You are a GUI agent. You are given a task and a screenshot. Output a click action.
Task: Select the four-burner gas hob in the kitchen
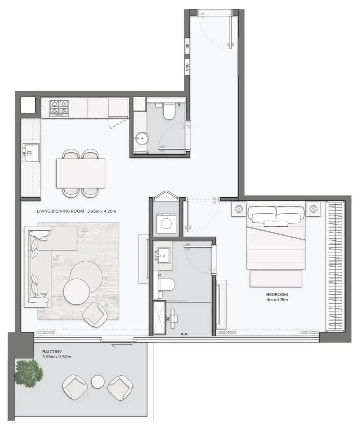[59, 107]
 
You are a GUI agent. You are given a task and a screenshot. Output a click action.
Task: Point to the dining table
[81, 173]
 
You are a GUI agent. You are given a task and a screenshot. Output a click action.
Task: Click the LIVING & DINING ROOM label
[76, 211]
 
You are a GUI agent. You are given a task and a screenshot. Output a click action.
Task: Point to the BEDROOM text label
[277, 295]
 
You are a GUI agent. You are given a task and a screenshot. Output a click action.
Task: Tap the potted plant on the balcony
[29, 372]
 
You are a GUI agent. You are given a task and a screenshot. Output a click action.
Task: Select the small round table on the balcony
[98, 382]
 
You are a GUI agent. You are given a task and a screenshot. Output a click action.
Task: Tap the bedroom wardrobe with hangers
[335, 266]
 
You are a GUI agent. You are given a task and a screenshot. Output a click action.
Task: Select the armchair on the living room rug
[95, 314]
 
